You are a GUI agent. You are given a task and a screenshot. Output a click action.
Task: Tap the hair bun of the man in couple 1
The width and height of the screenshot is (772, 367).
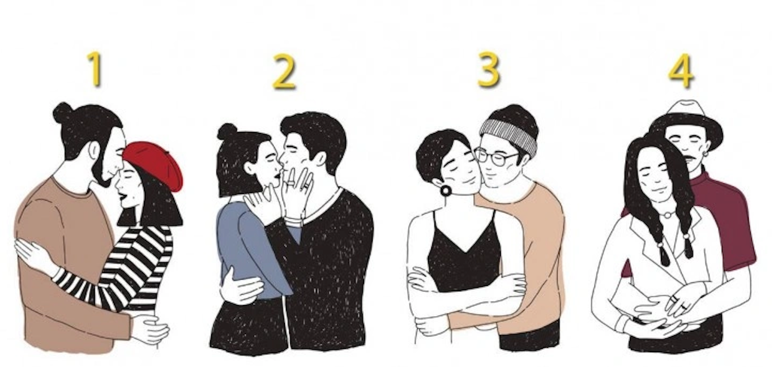[x=63, y=112]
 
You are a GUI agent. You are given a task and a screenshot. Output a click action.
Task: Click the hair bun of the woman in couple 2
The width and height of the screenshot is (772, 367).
[x=227, y=132]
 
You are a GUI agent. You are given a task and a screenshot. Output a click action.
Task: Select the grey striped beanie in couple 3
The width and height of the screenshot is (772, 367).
[x=509, y=133]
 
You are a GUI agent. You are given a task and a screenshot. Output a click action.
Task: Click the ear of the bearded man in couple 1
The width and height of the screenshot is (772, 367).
[x=93, y=150]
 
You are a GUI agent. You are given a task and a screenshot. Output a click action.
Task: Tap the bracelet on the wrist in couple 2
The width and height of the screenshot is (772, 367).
[x=294, y=221]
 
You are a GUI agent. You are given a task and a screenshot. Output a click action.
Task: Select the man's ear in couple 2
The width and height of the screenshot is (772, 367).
[x=321, y=159]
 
